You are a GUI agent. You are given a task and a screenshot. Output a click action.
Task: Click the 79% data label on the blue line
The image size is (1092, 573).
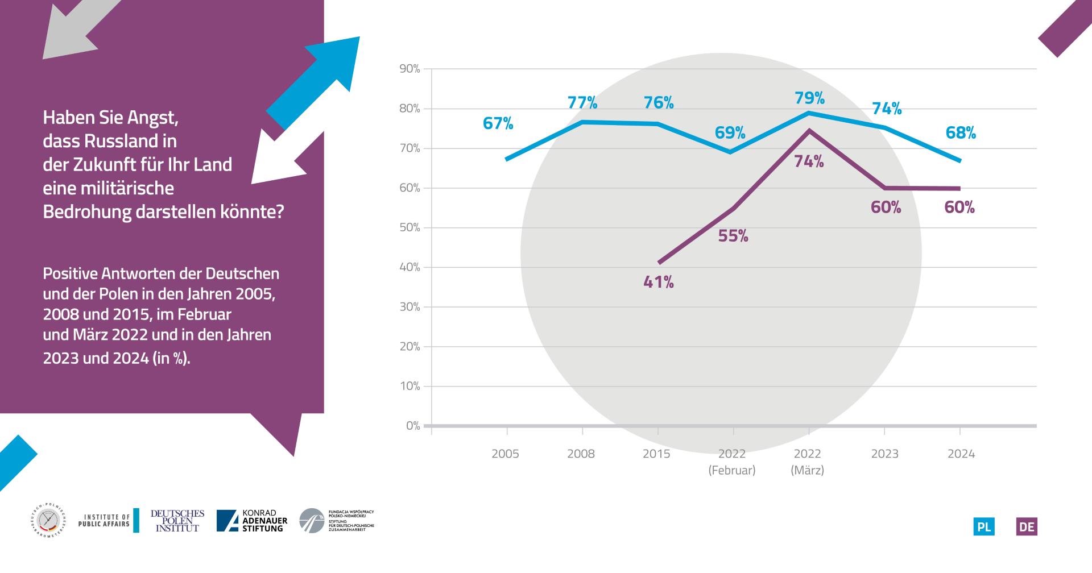point(810,98)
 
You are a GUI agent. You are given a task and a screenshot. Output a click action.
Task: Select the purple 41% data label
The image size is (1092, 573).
point(659,282)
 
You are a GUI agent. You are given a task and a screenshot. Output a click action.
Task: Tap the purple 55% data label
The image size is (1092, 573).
point(733,236)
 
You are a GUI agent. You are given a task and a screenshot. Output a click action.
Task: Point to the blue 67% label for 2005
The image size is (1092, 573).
point(498,123)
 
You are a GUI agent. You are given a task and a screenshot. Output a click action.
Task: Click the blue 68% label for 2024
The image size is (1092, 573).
point(961,133)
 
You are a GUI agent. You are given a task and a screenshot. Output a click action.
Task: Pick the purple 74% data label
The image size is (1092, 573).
point(809,162)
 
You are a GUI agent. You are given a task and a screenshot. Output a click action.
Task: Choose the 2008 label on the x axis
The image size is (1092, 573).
point(581,454)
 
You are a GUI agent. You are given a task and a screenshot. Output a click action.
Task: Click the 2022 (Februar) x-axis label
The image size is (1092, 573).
point(732,462)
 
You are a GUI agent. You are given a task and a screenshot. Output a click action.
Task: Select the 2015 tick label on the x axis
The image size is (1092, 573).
point(657,454)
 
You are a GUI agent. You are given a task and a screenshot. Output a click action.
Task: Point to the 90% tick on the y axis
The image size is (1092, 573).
point(409,69)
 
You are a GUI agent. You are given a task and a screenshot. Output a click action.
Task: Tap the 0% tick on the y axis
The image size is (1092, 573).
point(412,426)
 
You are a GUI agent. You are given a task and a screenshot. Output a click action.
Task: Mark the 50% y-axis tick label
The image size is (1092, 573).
point(409,227)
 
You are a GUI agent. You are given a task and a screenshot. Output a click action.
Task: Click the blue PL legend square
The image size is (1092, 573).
point(984,527)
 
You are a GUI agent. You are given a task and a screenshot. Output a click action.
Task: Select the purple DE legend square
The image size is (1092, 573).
point(1027,527)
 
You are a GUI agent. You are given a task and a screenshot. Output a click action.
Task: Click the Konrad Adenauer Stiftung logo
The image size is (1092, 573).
point(252,521)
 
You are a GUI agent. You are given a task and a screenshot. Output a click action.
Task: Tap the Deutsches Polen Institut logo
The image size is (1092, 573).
point(177,521)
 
